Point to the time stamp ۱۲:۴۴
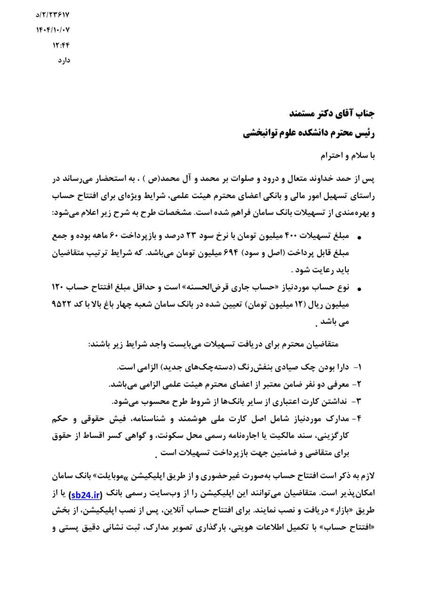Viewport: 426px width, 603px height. (61, 46)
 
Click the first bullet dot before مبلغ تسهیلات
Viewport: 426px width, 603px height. (360, 236)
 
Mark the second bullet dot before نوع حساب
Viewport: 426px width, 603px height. (360, 288)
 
